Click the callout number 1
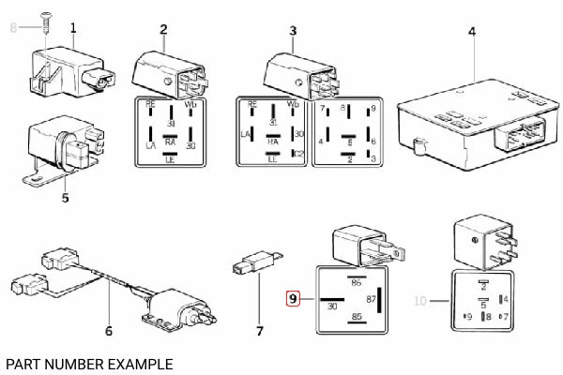click(x=74, y=29)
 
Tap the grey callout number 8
click(x=13, y=29)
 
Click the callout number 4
click(x=472, y=32)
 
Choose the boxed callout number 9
click(x=293, y=299)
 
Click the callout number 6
click(x=109, y=331)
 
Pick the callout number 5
click(x=65, y=198)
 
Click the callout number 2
click(x=163, y=29)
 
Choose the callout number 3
click(x=293, y=31)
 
